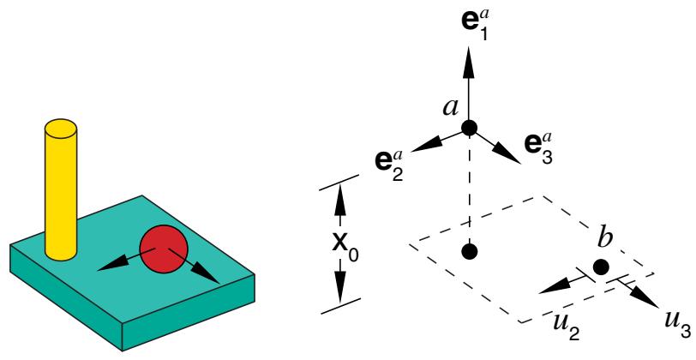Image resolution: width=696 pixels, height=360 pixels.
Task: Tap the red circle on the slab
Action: pyautogui.click(x=164, y=249)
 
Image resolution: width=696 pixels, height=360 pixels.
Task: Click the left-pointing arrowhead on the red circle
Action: pyautogui.click(x=110, y=265)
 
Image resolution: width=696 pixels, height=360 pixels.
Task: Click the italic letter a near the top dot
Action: pyautogui.click(x=451, y=108)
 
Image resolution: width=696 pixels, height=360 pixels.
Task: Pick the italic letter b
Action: pyautogui.click(x=603, y=239)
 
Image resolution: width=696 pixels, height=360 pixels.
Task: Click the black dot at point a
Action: pyautogui.click(x=469, y=128)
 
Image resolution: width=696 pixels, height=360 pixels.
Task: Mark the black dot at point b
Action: pyautogui.click(x=601, y=267)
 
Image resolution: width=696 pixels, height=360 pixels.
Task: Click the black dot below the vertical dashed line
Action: pyautogui.click(x=469, y=251)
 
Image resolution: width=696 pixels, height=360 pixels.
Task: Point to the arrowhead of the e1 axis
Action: pyautogui.click(x=469, y=57)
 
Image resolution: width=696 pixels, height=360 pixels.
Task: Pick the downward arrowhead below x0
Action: pyautogui.click(x=340, y=288)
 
